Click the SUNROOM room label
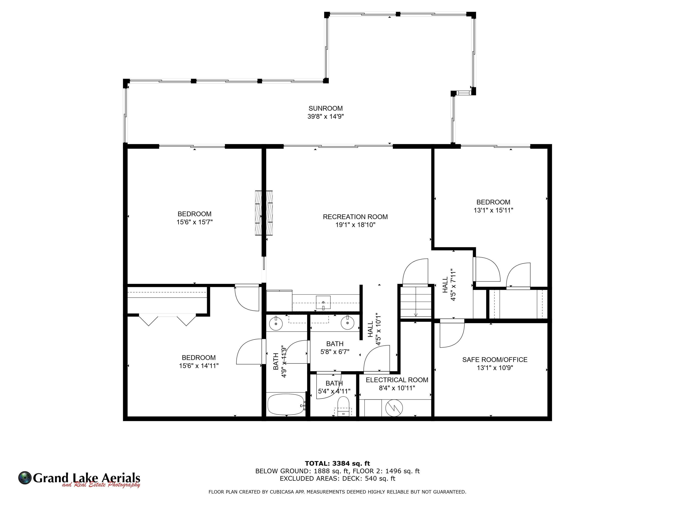pyautogui.click(x=325, y=108)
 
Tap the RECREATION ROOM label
pyautogui.click(x=355, y=217)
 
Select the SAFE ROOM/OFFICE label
pyautogui.click(x=495, y=360)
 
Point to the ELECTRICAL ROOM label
pyautogui.click(x=397, y=380)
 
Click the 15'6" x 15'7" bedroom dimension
pyautogui.click(x=194, y=222)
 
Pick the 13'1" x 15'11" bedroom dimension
pyautogui.click(x=493, y=210)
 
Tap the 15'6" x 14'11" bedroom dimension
pyautogui.click(x=199, y=366)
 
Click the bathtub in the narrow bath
pyautogui.click(x=286, y=404)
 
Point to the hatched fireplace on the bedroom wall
pyautogui.click(x=264, y=213)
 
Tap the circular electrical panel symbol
pyautogui.click(x=394, y=408)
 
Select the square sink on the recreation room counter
pyautogui.click(x=323, y=302)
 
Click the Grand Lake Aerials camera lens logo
pyautogui.click(x=25, y=478)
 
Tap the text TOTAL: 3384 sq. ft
pyautogui.click(x=337, y=463)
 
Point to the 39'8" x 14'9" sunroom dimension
pyautogui.click(x=325, y=116)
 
